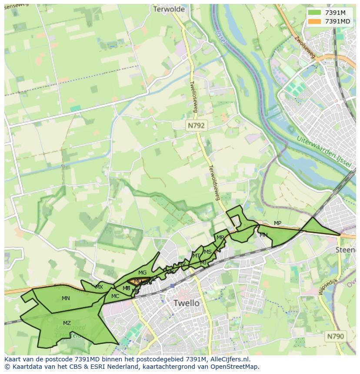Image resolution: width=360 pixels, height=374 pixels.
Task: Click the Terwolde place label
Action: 169,9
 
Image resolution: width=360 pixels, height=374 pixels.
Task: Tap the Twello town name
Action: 186,303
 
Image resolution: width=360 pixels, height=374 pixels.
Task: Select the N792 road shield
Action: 196,125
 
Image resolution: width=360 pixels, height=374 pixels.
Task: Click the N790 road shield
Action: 335,336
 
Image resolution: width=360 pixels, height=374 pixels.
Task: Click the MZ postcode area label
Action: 67,323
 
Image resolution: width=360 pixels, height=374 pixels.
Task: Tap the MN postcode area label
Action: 66,298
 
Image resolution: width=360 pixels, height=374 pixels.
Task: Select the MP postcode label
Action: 277,223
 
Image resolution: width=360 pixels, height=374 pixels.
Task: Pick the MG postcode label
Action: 142,273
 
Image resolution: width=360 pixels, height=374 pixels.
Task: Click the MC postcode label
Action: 115,296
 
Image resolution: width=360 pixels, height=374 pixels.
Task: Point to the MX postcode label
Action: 99,287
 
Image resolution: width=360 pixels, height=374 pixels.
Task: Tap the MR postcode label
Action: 220,238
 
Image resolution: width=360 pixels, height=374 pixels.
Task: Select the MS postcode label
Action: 208,252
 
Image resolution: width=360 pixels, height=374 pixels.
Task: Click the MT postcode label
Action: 196,256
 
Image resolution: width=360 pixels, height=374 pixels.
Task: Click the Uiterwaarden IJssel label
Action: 324,150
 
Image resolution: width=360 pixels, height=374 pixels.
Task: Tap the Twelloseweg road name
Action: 193,96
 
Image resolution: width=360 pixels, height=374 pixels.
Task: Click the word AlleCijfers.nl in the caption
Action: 234,360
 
